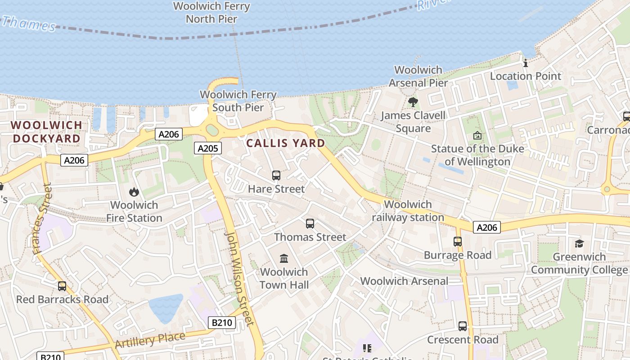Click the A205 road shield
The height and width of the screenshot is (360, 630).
click(x=208, y=148)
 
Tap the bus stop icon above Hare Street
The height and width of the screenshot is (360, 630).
click(x=276, y=175)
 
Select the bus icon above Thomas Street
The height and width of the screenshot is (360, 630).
click(x=310, y=224)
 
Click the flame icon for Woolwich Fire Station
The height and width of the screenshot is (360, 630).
click(x=134, y=192)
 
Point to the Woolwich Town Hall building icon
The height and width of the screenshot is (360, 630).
click(x=284, y=258)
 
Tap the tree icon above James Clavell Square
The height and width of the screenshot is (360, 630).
click(x=413, y=102)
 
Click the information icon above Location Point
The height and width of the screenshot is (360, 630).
click(x=525, y=63)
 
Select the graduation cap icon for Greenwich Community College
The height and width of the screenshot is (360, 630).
click(x=579, y=243)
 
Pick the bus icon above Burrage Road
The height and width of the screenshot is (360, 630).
click(x=458, y=242)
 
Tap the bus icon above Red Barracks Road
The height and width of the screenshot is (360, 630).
click(x=62, y=286)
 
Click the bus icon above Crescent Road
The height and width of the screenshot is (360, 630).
click(x=463, y=326)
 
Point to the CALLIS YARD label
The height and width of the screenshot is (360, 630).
click(x=286, y=143)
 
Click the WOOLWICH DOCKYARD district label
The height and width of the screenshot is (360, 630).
click(x=47, y=131)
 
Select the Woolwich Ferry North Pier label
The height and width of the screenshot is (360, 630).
click(x=211, y=13)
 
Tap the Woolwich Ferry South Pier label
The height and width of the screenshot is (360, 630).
click(x=238, y=101)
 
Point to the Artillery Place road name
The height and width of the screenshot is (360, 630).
click(x=150, y=340)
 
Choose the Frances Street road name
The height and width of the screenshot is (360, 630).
click(x=42, y=219)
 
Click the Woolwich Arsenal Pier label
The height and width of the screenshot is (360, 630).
click(x=418, y=76)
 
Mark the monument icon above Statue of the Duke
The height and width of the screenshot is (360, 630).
click(x=477, y=135)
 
